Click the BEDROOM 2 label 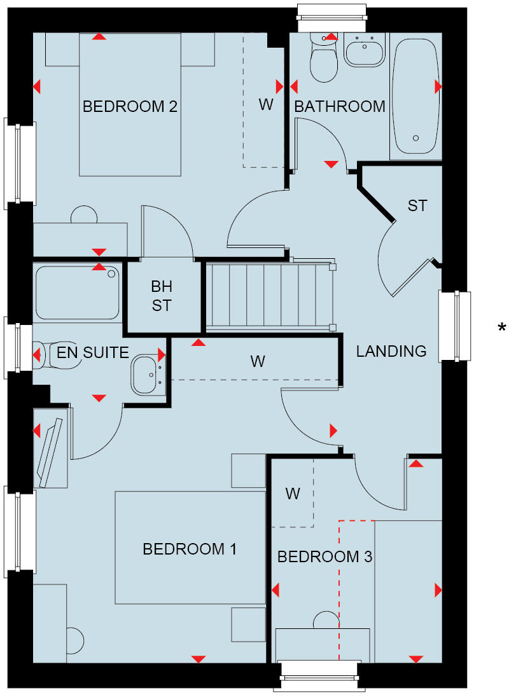129,106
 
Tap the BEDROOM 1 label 190,549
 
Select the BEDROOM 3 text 324,557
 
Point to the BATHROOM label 340,106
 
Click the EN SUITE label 93,352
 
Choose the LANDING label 391,351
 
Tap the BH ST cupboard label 162,296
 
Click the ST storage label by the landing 417,205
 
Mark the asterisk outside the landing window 502,328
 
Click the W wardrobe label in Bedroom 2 266,105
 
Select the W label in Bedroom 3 292,493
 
